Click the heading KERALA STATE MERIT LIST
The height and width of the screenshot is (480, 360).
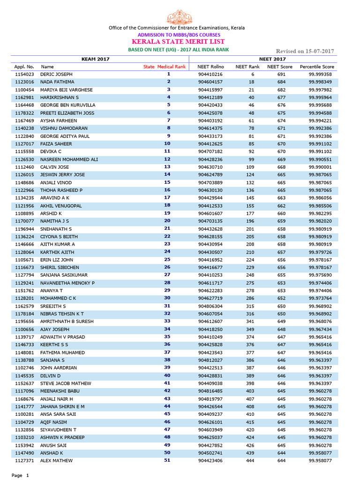pos(179,42)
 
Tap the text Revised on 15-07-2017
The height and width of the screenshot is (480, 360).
pos(305,51)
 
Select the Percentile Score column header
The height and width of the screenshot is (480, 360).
pos(317,67)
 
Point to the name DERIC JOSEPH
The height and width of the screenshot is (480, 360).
pos(56,75)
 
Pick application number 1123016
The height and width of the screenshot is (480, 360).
pos(24,82)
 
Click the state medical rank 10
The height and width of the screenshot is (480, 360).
pos(167,143)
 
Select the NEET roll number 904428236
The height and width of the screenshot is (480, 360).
pos(210,159)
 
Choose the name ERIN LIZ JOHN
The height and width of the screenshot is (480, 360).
pos(56,259)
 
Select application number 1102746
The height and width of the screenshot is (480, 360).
pos(24,367)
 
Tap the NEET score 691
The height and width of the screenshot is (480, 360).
pos(281,75)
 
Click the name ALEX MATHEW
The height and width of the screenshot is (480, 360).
pos(56,460)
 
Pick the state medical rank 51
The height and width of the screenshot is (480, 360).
pos(167,460)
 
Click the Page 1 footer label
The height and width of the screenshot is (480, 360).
pos(20,475)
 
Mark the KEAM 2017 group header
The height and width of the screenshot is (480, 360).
pos(96,59)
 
